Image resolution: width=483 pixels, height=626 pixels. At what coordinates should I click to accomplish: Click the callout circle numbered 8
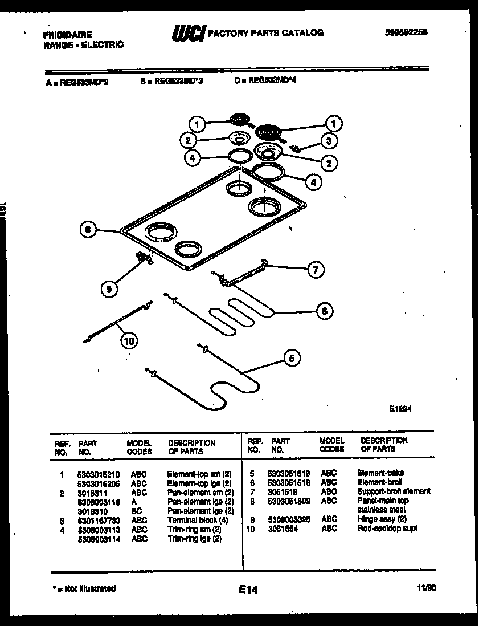coord(87,230)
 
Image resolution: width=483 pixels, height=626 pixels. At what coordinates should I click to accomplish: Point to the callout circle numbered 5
coord(291,358)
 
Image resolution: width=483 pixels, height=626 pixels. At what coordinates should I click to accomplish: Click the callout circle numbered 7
coord(315,269)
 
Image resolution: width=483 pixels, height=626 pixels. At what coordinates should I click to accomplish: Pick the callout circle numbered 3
coord(328,140)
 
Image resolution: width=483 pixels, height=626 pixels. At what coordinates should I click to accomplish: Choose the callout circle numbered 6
coord(324,311)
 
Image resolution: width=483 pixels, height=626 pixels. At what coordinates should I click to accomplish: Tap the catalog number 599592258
coord(406,32)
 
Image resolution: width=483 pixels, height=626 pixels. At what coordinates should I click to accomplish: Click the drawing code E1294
coord(400,408)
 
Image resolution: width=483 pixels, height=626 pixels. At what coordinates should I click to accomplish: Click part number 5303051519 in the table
coord(289,473)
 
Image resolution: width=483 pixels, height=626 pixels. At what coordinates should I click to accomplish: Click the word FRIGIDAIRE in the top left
coord(67,35)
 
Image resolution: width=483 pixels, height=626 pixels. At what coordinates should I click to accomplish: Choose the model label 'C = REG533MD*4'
coord(265,81)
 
